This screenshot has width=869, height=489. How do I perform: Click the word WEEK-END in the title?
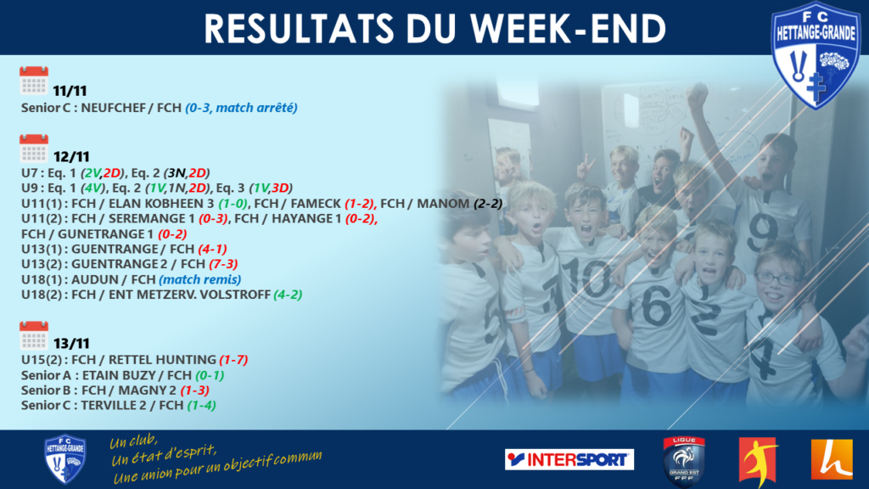click(x=569, y=29)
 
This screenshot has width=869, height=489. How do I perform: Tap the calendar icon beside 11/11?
click(x=34, y=81)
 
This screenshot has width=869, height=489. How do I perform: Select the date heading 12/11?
click(x=71, y=157)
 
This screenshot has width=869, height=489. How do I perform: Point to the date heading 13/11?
click(x=71, y=344)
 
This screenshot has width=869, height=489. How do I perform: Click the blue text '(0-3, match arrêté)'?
click(x=241, y=108)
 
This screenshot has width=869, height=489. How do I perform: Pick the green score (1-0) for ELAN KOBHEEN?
click(x=233, y=204)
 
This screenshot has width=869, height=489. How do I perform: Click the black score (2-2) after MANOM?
click(x=488, y=204)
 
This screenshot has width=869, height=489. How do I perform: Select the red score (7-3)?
click(x=223, y=264)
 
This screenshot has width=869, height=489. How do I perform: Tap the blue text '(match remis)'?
click(x=200, y=279)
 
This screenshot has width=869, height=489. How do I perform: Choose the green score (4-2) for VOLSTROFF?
click(x=288, y=295)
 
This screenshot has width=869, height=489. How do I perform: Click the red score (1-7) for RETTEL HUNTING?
click(x=233, y=360)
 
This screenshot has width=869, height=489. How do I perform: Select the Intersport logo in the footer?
click(x=569, y=459)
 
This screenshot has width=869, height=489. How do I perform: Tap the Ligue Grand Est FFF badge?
click(x=684, y=461)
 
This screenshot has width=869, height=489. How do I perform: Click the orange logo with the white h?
click(x=832, y=459)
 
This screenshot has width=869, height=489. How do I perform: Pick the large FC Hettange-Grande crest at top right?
click(x=816, y=55)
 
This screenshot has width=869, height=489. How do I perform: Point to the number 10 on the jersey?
click(x=586, y=278)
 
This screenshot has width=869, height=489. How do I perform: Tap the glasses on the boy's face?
click(x=777, y=278)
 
